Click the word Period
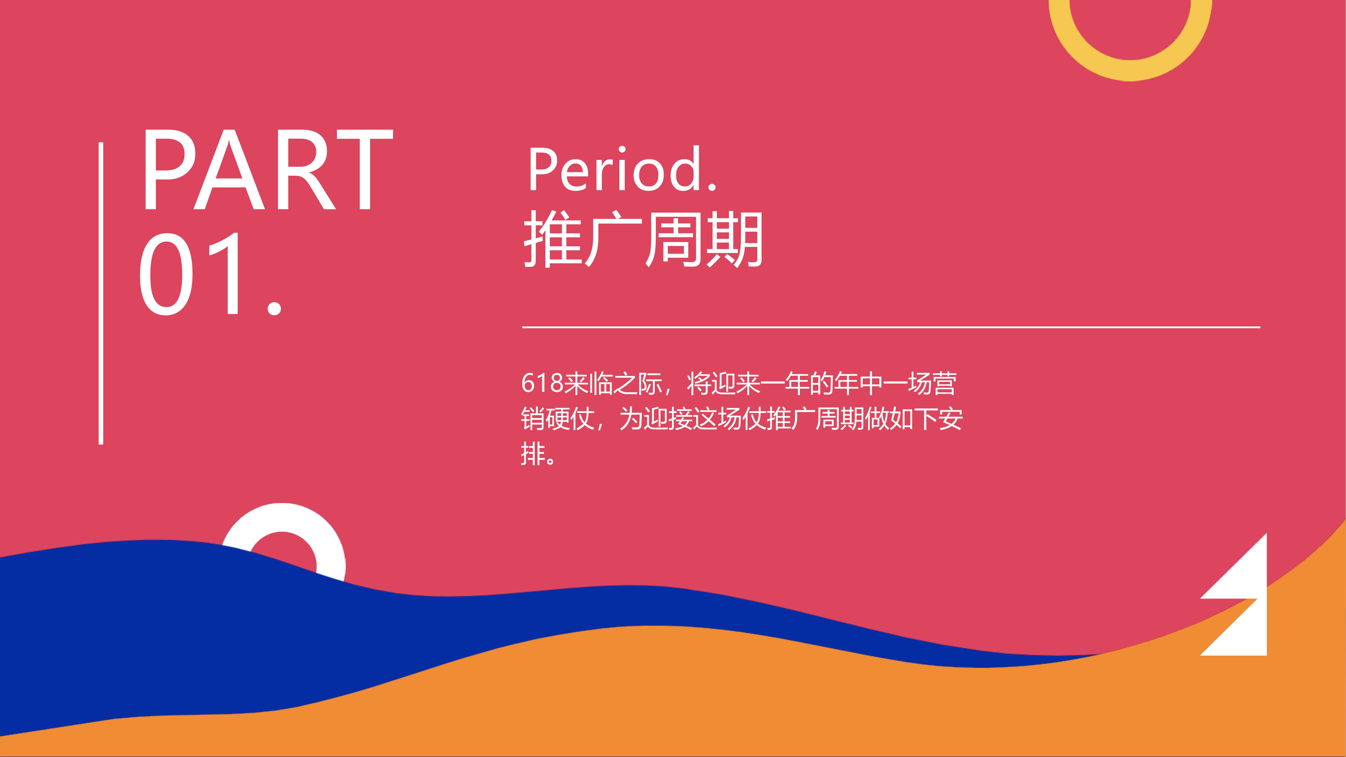(622, 169)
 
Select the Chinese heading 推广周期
(643, 239)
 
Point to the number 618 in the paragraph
(542, 383)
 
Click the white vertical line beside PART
(101, 293)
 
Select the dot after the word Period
(712, 185)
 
